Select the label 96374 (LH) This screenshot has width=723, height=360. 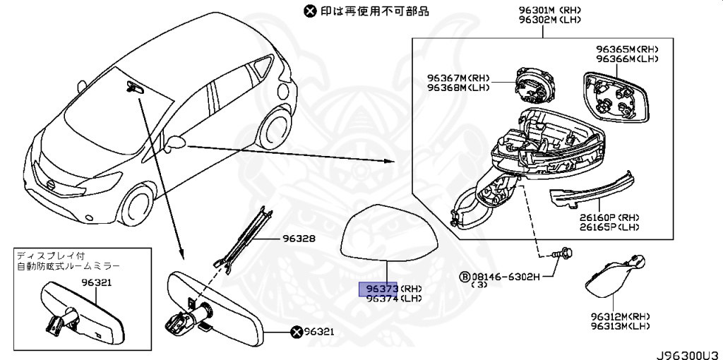[x=391, y=299]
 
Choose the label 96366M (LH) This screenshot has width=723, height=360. [x=627, y=59]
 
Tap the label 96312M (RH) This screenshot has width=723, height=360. [x=620, y=316]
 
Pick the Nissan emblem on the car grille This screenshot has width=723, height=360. [x=52, y=185]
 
